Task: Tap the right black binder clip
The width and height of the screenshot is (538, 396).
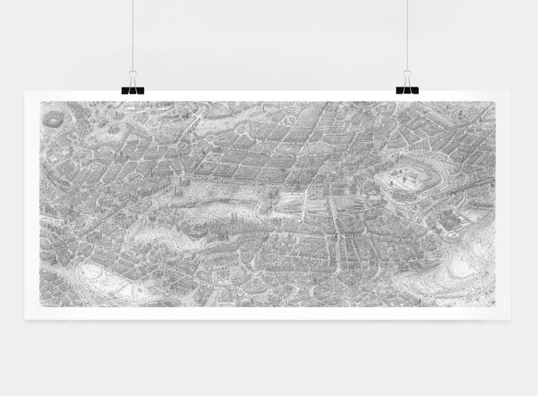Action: point(407,90)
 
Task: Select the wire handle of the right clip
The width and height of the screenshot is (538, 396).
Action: point(407,78)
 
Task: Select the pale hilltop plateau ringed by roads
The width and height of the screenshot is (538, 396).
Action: point(400,181)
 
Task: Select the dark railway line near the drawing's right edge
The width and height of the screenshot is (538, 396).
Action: point(477,184)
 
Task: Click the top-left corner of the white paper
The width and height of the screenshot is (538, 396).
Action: point(25,92)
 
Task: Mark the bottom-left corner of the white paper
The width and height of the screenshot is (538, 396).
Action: point(25,319)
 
